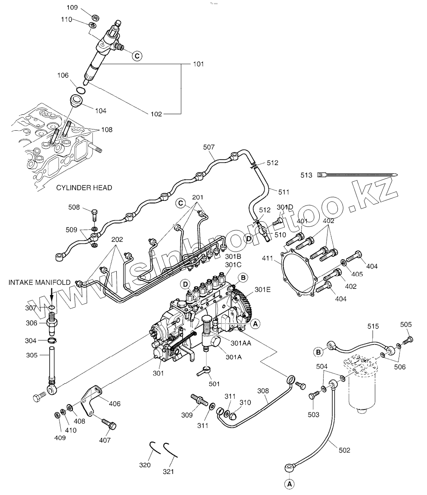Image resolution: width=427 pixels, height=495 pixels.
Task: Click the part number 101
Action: [198, 64]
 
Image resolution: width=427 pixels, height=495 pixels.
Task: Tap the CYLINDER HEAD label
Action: [84, 188]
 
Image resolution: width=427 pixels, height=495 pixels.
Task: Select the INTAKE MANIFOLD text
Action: [40, 282]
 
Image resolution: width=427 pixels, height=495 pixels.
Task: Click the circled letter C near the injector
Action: [137, 56]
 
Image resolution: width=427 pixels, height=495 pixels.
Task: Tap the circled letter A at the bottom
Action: [290, 484]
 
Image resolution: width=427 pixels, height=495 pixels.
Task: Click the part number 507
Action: [209, 147]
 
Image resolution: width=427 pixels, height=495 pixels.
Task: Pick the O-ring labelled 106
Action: [81, 90]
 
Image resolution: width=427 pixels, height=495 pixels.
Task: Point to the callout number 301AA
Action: [241, 343]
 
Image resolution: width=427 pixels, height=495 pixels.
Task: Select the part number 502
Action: [344, 450]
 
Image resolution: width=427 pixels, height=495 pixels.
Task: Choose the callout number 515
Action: [373, 326]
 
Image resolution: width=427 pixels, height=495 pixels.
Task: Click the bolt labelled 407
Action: [109, 423]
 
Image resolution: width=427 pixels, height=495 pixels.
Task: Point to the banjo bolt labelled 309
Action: [199, 400]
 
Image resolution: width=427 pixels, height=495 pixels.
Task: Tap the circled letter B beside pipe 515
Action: [318, 352]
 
